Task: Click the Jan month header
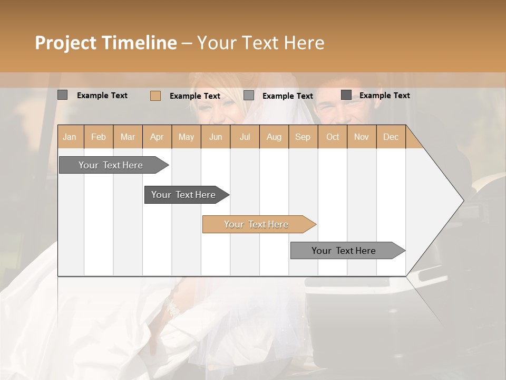coord(70,137)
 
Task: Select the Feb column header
coord(99,137)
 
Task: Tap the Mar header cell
coord(128,137)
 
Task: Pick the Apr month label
coord(157,137)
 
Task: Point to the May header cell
coord(186,137)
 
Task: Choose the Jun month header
coord(216,137)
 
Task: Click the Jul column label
coord(245,137)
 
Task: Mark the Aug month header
coord(274,137)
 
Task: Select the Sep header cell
coord(303,137)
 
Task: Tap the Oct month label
coord(333,137)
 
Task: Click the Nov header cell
coord(362,137)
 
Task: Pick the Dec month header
coord(391,137)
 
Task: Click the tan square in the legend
coord(155,96)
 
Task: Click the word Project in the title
coord(65,43)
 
